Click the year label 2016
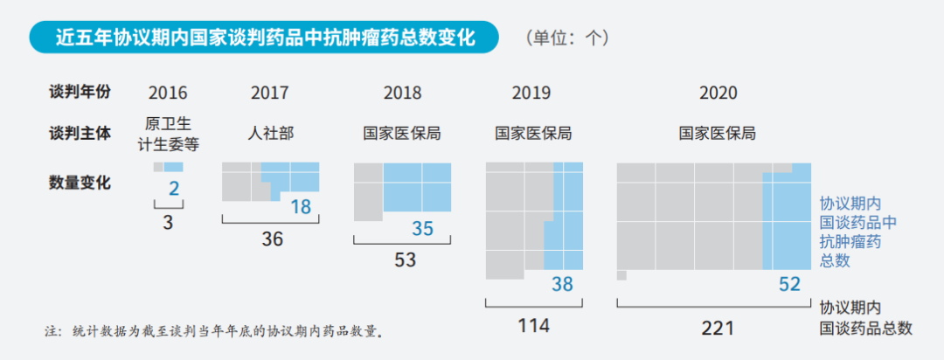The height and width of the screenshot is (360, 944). (168, 93)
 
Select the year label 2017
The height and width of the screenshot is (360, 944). (269, 93)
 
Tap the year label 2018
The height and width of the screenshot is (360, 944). (402, 93)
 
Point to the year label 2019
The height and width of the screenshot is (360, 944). (531, 93)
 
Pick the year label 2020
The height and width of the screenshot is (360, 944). (718, 93)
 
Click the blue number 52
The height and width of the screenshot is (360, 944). (789, 283)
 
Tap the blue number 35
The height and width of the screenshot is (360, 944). (423, 229)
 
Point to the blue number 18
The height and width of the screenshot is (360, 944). (300, 207)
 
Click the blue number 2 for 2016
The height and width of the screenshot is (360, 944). (173, 189)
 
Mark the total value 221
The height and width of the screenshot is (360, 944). (718, 328)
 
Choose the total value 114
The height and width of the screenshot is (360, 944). (533, 326)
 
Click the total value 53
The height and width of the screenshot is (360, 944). (405, 260)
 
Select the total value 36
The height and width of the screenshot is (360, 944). (273, 239)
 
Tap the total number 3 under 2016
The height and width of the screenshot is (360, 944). (168, 222)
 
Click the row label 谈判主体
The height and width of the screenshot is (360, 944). (80, 134)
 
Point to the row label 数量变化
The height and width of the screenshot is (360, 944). (80, 183)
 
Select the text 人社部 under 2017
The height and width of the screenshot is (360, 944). (271, 134)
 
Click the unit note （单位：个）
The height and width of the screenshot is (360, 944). (568, 38)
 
